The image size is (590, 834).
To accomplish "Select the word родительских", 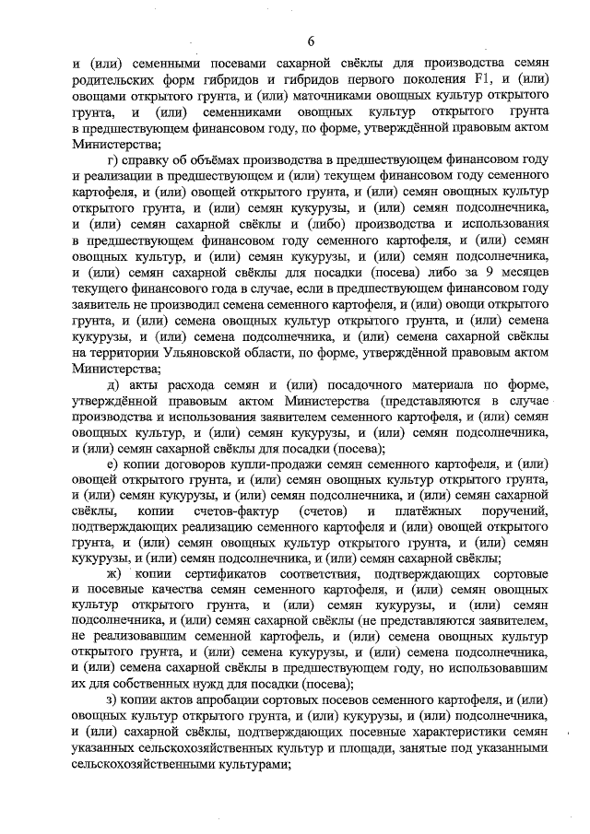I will [116, 80].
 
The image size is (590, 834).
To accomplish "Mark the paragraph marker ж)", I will [114, 573].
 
